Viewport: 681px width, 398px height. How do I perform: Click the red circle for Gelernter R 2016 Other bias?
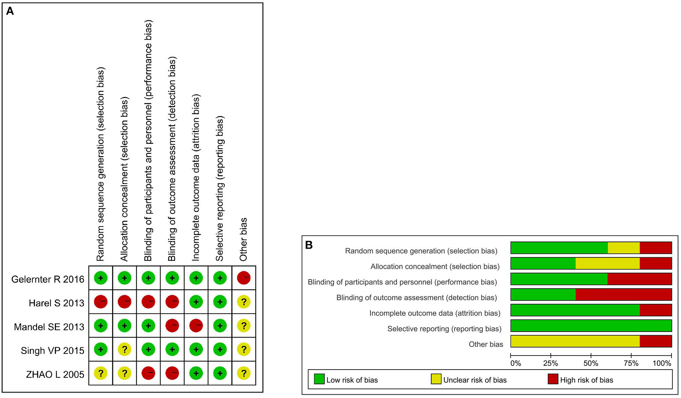pyautogui.click(x=244, y=278)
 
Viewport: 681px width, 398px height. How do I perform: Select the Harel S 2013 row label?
pyautogui.click(x=56, y=303)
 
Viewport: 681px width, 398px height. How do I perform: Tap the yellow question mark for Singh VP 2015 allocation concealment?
pyautogui.click(x=124, y=349)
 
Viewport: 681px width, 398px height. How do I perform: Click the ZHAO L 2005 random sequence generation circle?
pyautogui.click(x=101, y=373)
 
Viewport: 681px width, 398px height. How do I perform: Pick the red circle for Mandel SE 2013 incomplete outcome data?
pyautogui.click(x=196, y=325)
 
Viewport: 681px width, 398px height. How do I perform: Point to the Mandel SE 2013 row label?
pyautogui.click(x=49, y=327)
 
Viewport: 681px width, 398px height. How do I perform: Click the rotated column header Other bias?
pyautogui.click(x=244, y=239)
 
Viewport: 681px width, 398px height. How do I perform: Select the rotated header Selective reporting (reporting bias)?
pyautogui.click(x=220, y=188)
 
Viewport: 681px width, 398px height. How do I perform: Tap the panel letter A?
pyautogui.click(x=10, y=11)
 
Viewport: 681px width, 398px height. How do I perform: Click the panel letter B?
pyautogui.click(x=309, y=245)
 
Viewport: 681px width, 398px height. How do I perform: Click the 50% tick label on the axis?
pyautogui.click(x=590, y=363)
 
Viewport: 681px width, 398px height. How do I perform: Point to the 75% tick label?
pyautogui.click(x=631, y=363)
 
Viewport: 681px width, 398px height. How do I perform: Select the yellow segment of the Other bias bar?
pyautogui.click(x=575, y=341)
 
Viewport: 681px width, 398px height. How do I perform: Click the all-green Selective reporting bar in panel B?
pyautogui.click(x=591, y=326)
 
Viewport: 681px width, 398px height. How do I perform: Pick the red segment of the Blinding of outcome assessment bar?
pyautogui.click(x=623, y=295)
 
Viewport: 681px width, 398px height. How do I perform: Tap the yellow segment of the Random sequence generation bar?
pyautogui.click(x=623, y=248)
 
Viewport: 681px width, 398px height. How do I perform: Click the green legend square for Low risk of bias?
pyautogui.click(x=319, y=379)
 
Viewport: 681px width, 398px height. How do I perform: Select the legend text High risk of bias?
pyautogui.click(x=586, y=380)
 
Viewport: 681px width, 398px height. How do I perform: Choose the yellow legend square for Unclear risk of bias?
pyautogui.click(x=436, y=379)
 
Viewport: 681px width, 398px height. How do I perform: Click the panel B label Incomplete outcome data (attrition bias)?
pyautogui.click(x=435, y=313)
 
